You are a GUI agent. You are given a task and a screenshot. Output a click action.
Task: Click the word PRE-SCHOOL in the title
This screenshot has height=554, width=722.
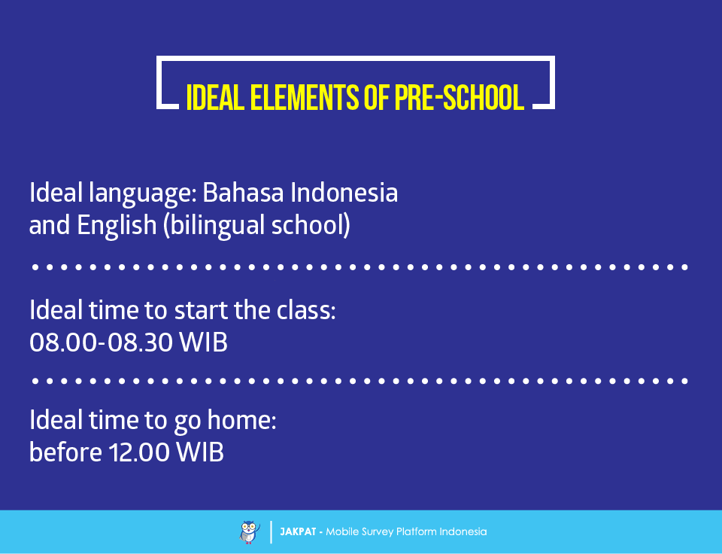459,97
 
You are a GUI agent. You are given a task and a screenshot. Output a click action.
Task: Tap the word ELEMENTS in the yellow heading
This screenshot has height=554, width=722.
304,97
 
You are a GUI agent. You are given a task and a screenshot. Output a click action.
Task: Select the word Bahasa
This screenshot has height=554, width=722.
243,192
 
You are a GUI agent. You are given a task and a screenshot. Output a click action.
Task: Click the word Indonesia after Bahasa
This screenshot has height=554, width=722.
344,192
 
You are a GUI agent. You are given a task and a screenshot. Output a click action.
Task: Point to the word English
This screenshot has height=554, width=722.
117,226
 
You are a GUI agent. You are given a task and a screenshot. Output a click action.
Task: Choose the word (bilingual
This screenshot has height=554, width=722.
214,226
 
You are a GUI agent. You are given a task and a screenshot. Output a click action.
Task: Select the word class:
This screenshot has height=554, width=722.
306,309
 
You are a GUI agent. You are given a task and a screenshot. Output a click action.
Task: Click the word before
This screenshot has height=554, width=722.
66,451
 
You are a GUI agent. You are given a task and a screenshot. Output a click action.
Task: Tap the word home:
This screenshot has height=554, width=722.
241,420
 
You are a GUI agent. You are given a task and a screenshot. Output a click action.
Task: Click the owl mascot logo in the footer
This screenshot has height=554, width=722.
250,532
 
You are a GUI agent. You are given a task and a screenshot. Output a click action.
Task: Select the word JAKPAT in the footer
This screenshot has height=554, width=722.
298,532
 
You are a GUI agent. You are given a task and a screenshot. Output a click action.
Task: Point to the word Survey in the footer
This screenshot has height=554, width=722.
378,532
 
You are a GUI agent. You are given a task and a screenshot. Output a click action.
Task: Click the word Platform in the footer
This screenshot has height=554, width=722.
416,532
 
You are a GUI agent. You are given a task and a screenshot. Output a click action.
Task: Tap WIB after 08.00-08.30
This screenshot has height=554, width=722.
204,342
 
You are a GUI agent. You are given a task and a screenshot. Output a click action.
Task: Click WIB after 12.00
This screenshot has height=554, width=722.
200,452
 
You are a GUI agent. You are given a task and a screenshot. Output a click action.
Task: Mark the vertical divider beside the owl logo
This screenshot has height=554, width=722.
271,532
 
